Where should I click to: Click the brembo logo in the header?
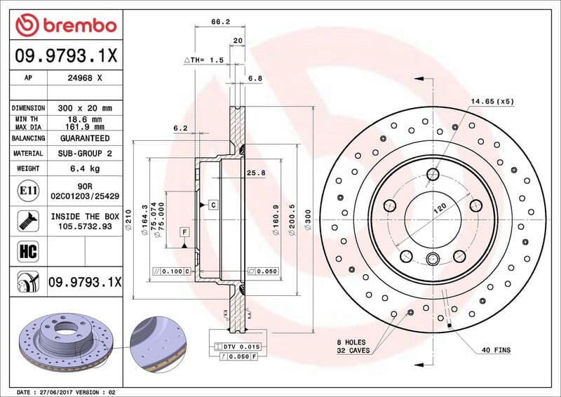click(x=65, y=26)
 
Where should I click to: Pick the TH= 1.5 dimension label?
click(x=208, y=61)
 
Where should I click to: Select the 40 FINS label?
click(x=496, y=350)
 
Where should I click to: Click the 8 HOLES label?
click(x=351, y=342)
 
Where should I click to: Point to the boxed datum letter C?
click(x=213, y=205)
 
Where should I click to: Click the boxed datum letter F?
click(x=184, y=231)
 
